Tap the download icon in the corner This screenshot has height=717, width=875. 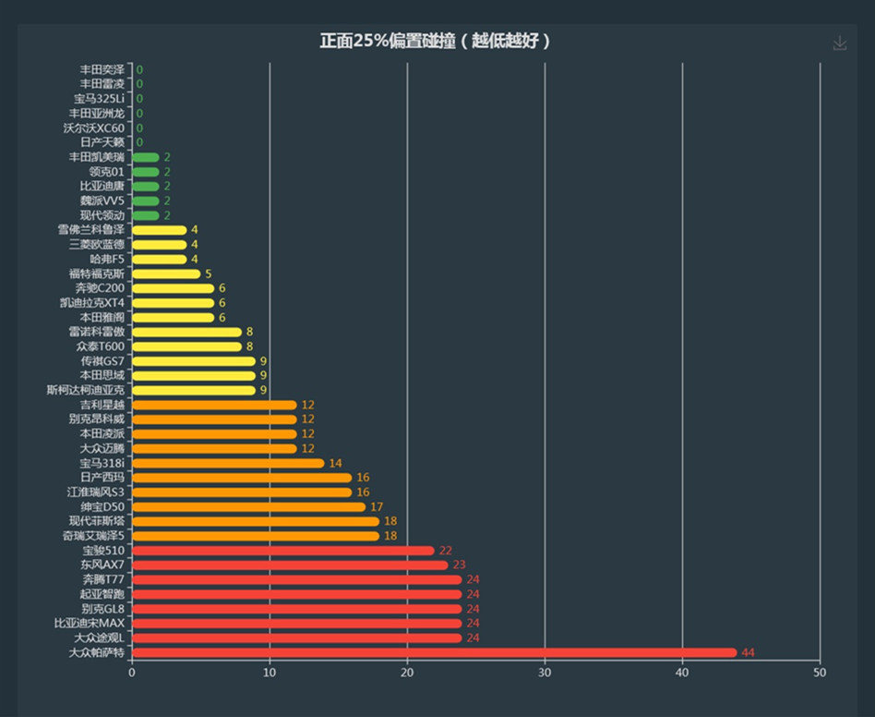pos(839,43)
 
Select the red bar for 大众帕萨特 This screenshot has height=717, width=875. pos(434,653)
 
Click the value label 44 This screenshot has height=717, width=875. pos(748,653)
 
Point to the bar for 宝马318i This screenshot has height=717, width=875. pos(228,463)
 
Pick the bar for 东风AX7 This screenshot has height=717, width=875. pos(290,565)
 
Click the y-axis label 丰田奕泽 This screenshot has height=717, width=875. pos(102,69)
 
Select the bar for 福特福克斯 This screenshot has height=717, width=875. pos(166,273)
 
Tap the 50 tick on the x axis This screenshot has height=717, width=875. pos(820,674)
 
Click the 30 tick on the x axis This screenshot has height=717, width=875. pos(545,674)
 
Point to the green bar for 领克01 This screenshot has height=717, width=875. pos(146,172)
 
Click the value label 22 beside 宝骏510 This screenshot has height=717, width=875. pos(445,551)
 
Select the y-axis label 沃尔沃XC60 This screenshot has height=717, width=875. pos(93,128)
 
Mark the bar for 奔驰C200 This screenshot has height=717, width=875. pos(173,288)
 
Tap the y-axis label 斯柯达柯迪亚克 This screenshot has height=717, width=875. pos(85,390)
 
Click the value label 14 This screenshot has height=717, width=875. pos(335,463)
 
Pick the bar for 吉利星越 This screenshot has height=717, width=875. pos(214,405)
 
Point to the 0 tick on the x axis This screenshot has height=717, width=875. pos(132,674)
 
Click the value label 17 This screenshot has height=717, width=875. pos(377,506)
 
